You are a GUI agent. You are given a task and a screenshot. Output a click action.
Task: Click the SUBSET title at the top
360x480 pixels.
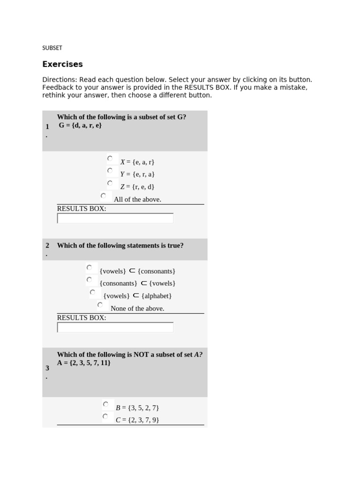coord(52,48)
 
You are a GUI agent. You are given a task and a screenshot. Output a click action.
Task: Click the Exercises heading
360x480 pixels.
coord(62,64)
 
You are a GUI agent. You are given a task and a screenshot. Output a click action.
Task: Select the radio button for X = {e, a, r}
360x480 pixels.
coord(110,158)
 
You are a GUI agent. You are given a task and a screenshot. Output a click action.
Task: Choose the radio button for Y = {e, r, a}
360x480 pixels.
coord(110,171)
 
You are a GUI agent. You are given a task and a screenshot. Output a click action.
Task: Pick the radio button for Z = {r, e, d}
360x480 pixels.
coord(110,183)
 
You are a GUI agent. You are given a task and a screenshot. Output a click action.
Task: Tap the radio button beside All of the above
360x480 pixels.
coord(103,196)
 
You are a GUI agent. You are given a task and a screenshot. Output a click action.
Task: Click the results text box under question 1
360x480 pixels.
coord(115,218)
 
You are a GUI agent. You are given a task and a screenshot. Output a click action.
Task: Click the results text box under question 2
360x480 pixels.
coord(115,327)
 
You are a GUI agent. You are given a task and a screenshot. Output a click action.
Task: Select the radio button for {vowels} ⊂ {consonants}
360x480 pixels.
coord(89,268)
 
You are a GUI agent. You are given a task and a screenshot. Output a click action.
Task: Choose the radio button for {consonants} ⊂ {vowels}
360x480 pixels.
coord(89,280)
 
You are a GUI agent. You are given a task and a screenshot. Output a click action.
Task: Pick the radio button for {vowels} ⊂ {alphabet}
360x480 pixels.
coord(92,292)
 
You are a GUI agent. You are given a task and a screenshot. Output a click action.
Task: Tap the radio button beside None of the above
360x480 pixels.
coord(100,305)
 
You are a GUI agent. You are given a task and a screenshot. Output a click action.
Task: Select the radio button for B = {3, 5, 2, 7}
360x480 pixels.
coord(105,404)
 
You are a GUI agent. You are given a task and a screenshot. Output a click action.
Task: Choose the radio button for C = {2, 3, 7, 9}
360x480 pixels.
coord(105,416)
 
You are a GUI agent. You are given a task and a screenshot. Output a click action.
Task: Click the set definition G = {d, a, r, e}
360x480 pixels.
coord(80,126)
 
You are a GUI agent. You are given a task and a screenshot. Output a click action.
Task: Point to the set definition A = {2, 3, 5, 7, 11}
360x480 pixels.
coord(84,363)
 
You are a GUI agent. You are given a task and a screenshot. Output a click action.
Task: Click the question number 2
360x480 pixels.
coord(47,246)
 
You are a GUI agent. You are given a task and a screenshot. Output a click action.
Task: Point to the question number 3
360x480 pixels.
coord(47,368)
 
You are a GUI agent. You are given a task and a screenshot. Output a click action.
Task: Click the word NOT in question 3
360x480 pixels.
coord(142,355)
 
